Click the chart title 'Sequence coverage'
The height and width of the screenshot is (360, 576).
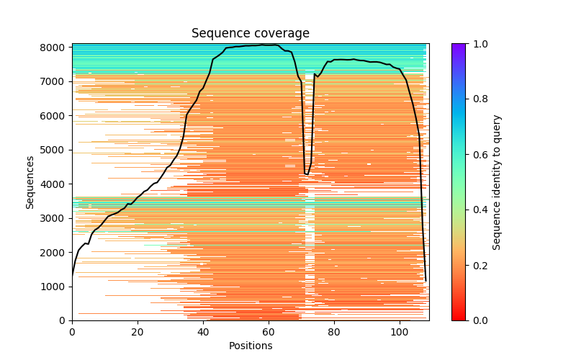pyautogui.click(x=250, y=33)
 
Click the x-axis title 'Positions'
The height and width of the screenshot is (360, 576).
pyautogui.click(x=250, y=346)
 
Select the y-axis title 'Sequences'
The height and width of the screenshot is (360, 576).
pyautogui.click(x=30, y=181)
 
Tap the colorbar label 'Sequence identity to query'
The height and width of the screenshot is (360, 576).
pyautogui.click(x=497, y=181)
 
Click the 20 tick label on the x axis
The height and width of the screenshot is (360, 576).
pyautogui.click(x=138, y=331)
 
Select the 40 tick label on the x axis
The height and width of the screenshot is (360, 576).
pyautogui.click(x=203, y=331)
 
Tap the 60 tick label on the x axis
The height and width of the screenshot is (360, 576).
pyautogui.click(x=269, y=331)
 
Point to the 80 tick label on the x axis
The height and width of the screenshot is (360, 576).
pyautogui.click(x=334, y=331)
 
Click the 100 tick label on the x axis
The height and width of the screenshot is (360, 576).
pyautogui.click(x=400, y=331)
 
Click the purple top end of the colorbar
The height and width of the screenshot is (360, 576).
pyautogui.click(x=459, y=46)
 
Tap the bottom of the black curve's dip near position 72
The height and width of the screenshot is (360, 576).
pyautogui.click(x=307, y=174)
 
